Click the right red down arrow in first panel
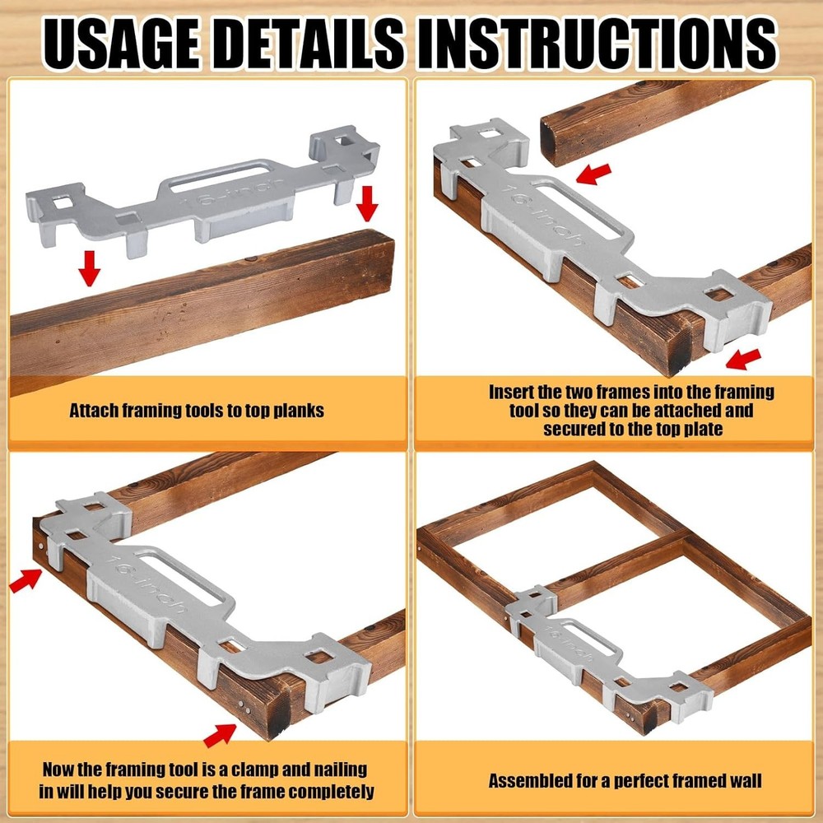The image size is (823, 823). pyautogui.click(x=367, y=202)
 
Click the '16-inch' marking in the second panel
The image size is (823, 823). pyautogui.click(x=543, y=217)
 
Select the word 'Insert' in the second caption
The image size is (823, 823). pyautogui.click(x=512, y=393)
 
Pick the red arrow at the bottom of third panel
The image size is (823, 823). pyautogui.click(x=220, y=732)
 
